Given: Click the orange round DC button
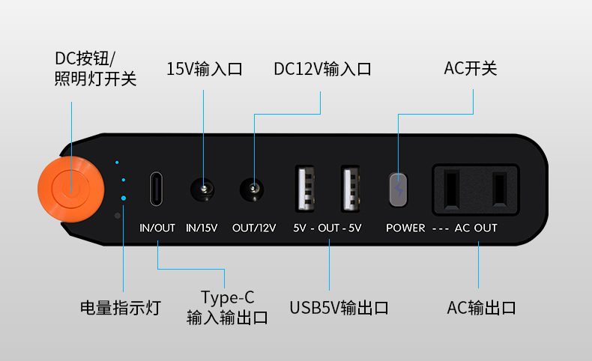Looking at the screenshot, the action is click(71, 189).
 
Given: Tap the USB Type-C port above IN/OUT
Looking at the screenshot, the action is click(156, 189).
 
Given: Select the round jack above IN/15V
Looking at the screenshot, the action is click(202, 189).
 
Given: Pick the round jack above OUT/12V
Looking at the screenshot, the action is click(252, 189).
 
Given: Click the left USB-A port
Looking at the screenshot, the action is click(305, 188).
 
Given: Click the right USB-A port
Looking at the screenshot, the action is click(351, 188).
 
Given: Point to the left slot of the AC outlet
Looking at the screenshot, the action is click(452, 189).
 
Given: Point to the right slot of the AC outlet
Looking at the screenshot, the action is click(499, 189).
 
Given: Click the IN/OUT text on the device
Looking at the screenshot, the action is click(157, 228).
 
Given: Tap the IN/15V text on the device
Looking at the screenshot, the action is click(202, 228).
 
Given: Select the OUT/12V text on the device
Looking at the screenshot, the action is click(254, 228).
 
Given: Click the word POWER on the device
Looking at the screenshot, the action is click(405, 228).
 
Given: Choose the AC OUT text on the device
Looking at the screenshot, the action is click(476, 228).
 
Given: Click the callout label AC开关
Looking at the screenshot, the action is click(471, 68).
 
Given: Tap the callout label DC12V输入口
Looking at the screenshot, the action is click(322, 69).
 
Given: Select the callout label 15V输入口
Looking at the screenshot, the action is click(205, 69).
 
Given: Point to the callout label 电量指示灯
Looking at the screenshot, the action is click(121, 308).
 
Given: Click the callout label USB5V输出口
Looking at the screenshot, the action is click(339, 308).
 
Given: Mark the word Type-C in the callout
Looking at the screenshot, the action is click(227, 297).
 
